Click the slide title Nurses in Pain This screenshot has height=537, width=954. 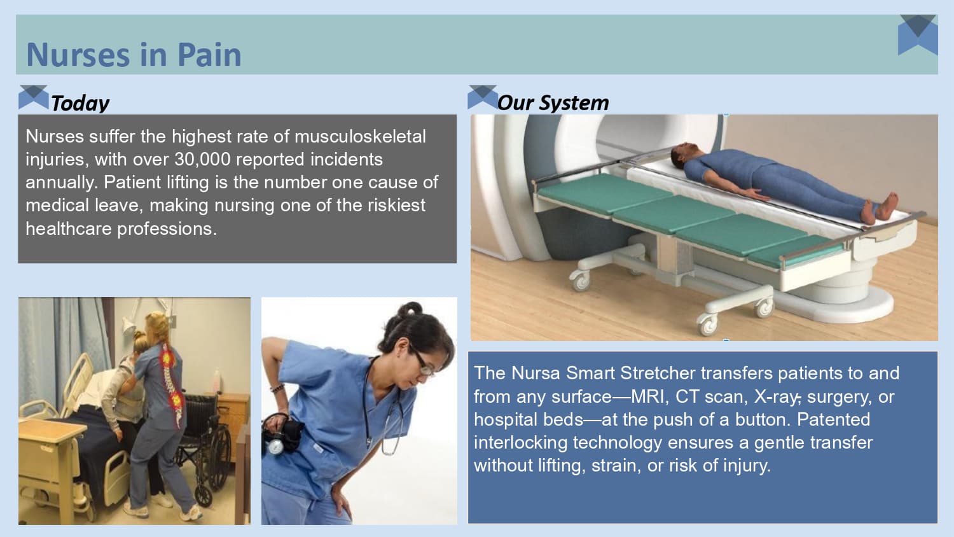[x=134, y=55]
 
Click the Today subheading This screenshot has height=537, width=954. [x=80, y=103]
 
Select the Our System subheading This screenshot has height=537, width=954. [x=553, y=102]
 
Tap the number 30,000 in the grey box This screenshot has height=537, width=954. [x=202, y=159]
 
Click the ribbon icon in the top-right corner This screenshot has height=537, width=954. [x=918, y=34]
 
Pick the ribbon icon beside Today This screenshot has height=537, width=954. [x=33, y=97]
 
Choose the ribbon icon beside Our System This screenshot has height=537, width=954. [x=482, y=97]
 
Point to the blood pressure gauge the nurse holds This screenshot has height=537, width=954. [x=276, y=446]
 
